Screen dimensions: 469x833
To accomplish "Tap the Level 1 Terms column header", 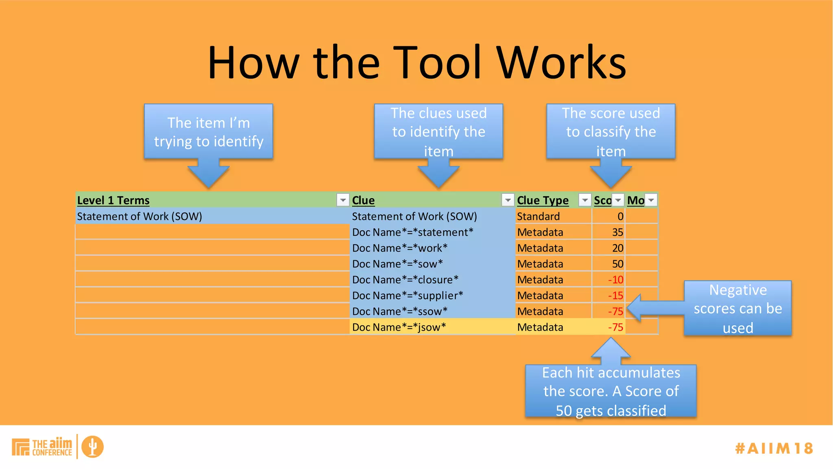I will (113, 200).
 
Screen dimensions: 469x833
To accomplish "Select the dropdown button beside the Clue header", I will (507, 200).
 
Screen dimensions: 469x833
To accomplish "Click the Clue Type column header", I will (543, 200).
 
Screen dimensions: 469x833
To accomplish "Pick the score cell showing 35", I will (617, 232).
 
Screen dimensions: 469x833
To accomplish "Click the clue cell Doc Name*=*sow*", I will (397, 264).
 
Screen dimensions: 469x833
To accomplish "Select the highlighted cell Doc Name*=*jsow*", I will (399, 327).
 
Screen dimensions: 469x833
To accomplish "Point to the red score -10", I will (615, 280).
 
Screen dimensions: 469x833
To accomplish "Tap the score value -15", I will (615, 296).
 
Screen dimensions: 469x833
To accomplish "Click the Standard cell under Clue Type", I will (538, 217).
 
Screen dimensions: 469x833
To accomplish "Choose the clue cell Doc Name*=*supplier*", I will (408, 296).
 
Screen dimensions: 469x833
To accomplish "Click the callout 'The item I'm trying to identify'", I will (208, 131).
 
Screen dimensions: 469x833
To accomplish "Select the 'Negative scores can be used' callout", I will (737, 308).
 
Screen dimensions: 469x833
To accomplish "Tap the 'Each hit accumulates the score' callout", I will (611, 391).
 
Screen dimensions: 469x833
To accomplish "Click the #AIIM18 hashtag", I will (774, 448).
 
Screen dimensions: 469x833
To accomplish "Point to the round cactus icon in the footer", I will (92, 447).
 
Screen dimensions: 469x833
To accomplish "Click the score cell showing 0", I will (620, 217).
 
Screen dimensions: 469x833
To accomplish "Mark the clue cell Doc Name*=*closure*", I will (405, 280).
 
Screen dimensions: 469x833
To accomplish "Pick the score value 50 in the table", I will (617, 264).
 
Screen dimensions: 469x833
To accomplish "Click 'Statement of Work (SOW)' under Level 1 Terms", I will (140, 217).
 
